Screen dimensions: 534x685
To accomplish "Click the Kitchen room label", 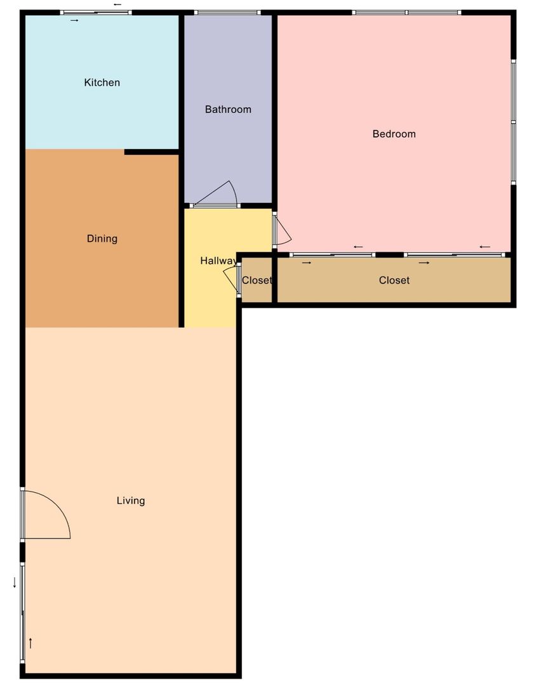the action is [102, 82].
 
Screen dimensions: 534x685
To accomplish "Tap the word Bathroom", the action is [229, 109].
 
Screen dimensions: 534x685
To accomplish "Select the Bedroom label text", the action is [394, 134].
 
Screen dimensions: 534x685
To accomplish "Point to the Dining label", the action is [102, 238].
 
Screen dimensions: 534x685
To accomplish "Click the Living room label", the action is [131, 500].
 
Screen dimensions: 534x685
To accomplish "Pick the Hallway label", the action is [218, 261].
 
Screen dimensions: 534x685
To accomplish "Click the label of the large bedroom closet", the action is [394, 280].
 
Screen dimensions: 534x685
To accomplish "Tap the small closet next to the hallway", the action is [257, 280].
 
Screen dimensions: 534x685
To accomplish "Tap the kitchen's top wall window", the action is [96, 13].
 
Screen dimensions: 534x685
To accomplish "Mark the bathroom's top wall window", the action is [228, 13].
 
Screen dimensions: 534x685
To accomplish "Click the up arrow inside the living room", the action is [30, 643].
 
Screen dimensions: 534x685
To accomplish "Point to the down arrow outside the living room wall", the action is [15, 582].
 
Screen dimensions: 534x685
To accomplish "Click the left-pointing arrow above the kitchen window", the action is [117, 4].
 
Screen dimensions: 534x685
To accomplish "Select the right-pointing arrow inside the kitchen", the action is [75, 20].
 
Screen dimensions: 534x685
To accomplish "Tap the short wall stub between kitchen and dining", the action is [152, 152].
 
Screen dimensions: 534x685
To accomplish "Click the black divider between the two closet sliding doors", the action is [390, 255].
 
